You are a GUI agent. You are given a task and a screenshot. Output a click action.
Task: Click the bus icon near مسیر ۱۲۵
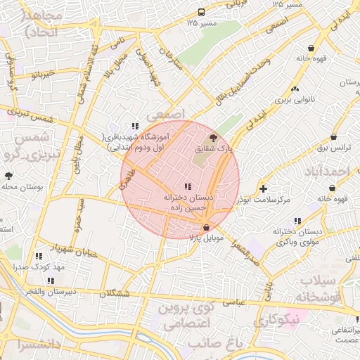201,12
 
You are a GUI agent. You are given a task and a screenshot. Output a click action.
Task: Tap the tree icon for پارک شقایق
214,139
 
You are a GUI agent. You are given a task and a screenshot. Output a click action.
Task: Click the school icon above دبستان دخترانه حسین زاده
187,186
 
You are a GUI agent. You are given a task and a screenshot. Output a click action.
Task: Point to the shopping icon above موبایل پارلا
205,227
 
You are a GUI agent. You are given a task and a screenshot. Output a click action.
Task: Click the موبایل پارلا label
204,238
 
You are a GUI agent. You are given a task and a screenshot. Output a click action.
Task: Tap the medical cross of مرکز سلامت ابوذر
263,188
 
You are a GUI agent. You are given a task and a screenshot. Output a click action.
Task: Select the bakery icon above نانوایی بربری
295,89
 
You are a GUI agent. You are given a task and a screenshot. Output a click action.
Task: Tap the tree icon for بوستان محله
8,176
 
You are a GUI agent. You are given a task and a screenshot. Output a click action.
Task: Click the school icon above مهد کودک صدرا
39,256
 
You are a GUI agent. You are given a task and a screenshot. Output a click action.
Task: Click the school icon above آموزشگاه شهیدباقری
135,126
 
